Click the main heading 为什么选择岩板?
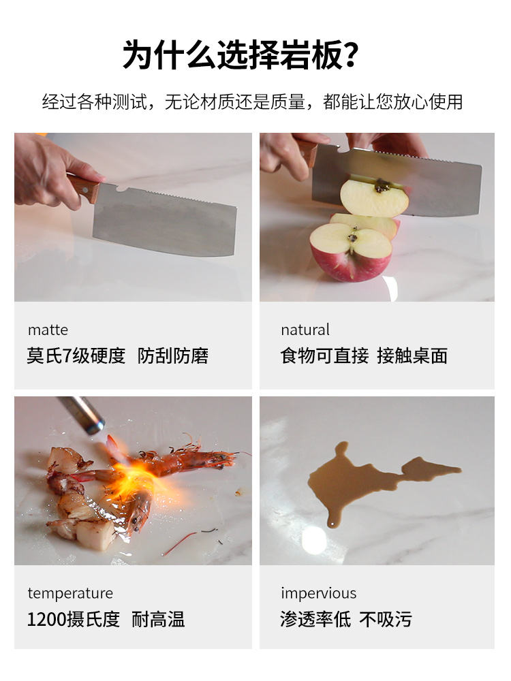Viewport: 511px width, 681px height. [241, 55]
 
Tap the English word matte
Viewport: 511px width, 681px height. [48, 330]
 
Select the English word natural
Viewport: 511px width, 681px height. [305, 330]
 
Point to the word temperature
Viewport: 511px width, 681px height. [70, 593]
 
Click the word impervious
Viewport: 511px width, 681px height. [318, 593]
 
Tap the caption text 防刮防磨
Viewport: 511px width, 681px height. [173, 355]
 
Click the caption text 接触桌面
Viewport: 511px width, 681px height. [412, 355]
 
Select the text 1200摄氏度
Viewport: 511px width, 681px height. [74, 619]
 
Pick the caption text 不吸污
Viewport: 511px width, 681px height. [386, 619]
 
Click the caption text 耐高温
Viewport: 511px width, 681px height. [158, 619]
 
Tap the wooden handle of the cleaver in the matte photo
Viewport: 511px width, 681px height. [83, 186]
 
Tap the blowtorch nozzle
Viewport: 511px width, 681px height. [93, 424]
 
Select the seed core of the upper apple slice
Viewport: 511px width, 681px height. [383, 186]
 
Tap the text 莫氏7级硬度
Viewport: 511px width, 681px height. [76, 355]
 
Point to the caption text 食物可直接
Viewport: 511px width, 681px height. [324, 355]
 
